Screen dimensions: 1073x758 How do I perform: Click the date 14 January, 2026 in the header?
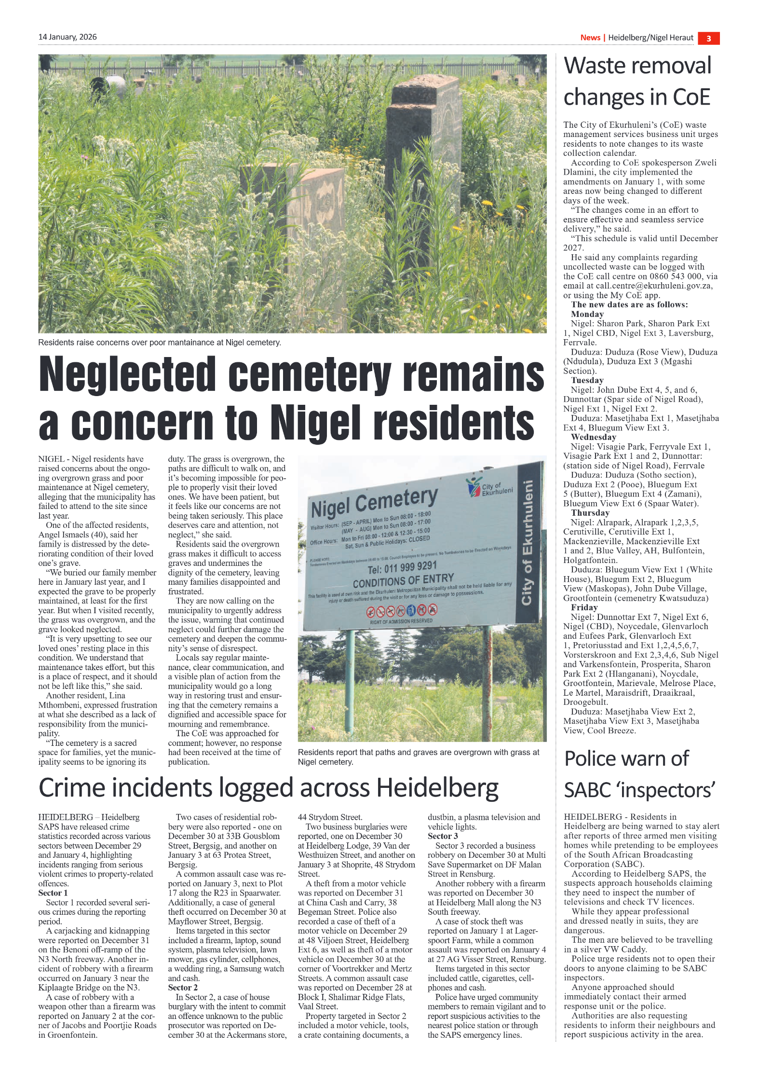coord(68,37)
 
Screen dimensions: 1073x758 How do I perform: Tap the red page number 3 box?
coord(708,39)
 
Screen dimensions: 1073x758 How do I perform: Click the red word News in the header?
coord(590,38)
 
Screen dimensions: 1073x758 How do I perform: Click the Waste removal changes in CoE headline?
coord(637,81)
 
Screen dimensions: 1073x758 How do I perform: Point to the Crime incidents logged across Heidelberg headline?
coord(268,788)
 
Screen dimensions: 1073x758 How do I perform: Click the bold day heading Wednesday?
coord(593,437)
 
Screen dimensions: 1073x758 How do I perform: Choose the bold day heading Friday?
coord(584,607)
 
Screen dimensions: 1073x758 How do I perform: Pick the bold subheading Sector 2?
coord(183,988)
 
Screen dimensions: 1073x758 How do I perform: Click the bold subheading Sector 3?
coord(443,836)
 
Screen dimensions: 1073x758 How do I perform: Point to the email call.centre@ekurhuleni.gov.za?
coord(654,286)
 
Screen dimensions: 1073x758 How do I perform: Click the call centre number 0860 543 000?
coord(672,276)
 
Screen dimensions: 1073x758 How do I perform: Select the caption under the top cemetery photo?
coord(160,343)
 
